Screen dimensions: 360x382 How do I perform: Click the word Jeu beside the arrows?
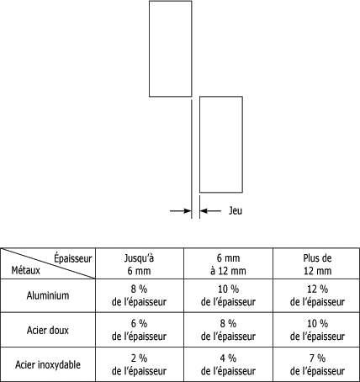(x=236, y=210)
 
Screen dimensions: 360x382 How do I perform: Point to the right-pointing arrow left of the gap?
(x=181, y=210)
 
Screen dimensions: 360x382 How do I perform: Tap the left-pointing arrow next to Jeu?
(x=210, y=210)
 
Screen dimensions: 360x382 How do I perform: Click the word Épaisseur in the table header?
(x=73, y=258)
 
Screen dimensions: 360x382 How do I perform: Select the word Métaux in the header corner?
(x=26, y=271)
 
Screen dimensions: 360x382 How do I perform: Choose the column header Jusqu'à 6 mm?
(x=139, y=264)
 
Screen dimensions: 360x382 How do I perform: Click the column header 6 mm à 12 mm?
(x=228, y=264)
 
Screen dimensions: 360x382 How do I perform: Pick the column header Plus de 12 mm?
(x=317, y=264)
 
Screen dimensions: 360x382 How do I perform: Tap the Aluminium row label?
(x=48, y=295)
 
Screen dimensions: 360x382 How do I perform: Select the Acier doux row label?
(x=48, y=330)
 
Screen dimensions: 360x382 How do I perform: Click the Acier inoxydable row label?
(x=48, y=364)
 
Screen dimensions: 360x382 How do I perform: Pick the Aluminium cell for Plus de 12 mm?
(x=317, y=295)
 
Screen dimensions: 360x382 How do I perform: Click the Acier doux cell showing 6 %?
(x=139, y=330)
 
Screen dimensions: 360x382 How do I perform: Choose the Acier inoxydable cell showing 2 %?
(x=139, y=364)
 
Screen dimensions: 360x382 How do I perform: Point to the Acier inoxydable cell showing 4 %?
(x=228, y=364)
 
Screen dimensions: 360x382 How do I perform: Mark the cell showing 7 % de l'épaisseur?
(x=317, y=364)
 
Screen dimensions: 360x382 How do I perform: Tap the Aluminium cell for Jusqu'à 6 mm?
(x=139, y=295)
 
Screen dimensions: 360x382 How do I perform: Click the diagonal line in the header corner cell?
(x=48, y=263)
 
